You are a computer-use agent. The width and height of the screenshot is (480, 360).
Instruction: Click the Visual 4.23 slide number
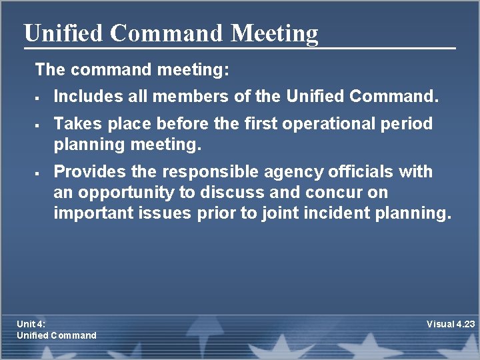(451, 324)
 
